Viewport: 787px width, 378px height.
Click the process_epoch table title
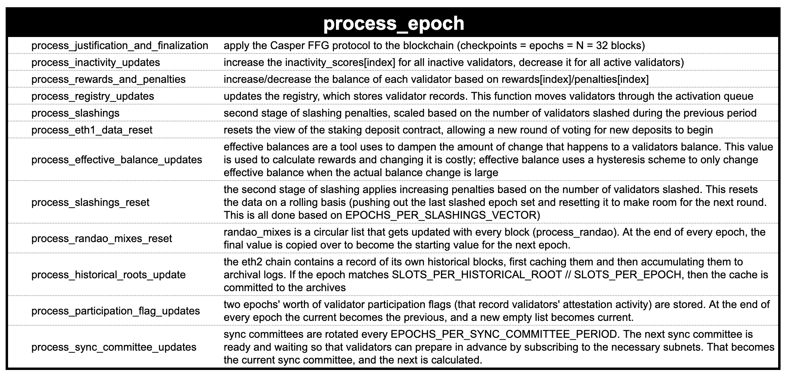pyautogui.click(x=393, y=23)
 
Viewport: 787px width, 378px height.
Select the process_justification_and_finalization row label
pyautogui.click(x=119, y=46)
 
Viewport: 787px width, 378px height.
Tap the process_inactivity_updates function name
pyautogui.click(x=95, y=63)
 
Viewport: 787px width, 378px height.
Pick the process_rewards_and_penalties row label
pyautogui.click(x=108, y=80)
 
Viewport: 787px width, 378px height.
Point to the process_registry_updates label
pyautogui.click(x=93, y=97)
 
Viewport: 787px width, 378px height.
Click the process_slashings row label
pyautogui.click(x=75, y=113)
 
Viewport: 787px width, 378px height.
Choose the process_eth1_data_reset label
pyautogui.click(x=92, y=130)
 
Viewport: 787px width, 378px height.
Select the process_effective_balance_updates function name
pyautogui.click(x=117, y=160)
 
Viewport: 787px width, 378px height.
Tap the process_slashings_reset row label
pyautogui.click(x=90, y=202)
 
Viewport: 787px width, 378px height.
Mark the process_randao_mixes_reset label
pyautogui.click(x=101, y=239)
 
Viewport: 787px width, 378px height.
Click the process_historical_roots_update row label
pyautogui.click(x=108, y=275)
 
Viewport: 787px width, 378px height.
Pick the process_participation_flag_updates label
pyautogui.click(x=115, y=311)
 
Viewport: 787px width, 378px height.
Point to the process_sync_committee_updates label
pyautogui.click(x=114, y=347)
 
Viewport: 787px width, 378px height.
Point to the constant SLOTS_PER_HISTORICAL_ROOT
pyautogui.click(x=477, y=275)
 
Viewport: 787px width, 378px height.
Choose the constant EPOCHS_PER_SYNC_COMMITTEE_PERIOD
pyautogui.click(x=503, y=335)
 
